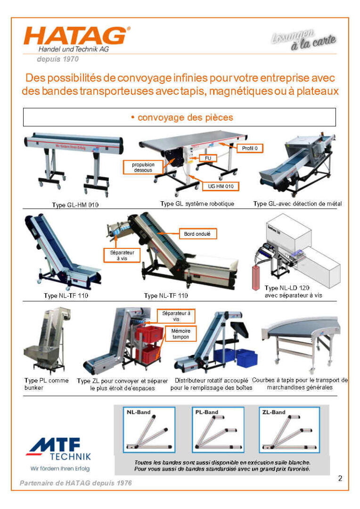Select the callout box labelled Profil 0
(x=250, y=148)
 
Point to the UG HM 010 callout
(x=221, y=186)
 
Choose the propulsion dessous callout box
(x=143, y=167)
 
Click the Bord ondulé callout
(x=197, y=233)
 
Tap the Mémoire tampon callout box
(x=180, y=334)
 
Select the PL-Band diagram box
(x=218, y=429)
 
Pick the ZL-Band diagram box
(x=287, y=429)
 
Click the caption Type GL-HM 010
(x=75, y=205)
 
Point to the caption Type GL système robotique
(x=197, y=204)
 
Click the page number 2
(x=340, y=479)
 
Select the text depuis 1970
(x=57, y=59)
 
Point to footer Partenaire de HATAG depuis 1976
(x=76, y=484)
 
